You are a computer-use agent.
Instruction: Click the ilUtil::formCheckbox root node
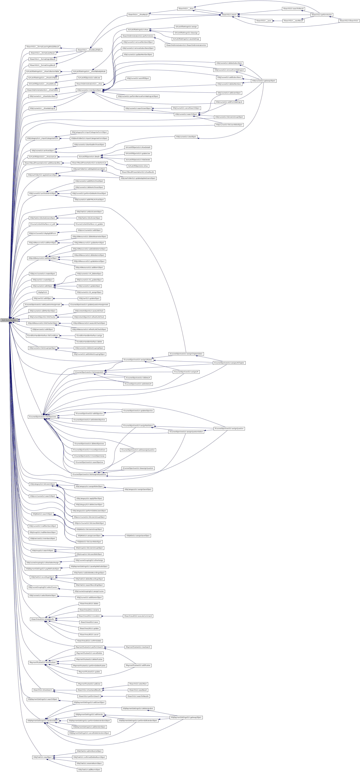[x=9, y=320]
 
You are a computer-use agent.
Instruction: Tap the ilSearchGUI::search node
[x=229, y=15]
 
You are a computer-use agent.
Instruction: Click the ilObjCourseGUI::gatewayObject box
[x=264, y=81]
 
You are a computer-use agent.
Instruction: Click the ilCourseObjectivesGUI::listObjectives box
[x=42, y=417]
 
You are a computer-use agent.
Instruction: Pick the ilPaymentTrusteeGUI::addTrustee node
[x=138, y=665]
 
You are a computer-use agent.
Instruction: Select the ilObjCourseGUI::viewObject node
[x=186, y=137]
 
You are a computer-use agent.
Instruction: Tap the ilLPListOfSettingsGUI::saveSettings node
[x=186, y=39]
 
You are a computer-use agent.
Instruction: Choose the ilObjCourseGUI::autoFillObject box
[x=138, y=78]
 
